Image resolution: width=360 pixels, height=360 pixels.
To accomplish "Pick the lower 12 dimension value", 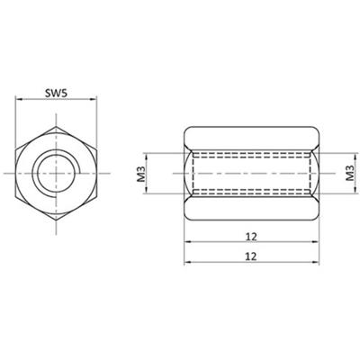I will click(x=251, y=255).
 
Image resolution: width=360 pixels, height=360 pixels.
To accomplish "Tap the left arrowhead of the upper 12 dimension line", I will click(x=188, y=243).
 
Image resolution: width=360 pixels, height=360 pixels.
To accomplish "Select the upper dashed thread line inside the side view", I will click(x=251, y=152).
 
